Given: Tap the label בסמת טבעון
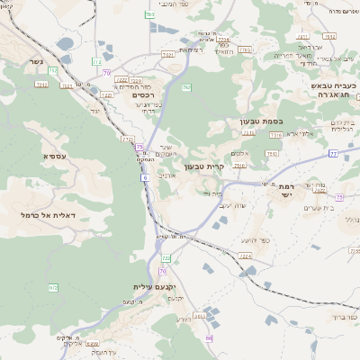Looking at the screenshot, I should coord(237,121).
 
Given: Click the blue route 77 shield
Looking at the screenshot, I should coord(333,154).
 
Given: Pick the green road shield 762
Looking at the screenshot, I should coord(186,87).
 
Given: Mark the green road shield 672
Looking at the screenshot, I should coord(53,287).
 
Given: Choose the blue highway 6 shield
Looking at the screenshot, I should coord(144,177).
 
